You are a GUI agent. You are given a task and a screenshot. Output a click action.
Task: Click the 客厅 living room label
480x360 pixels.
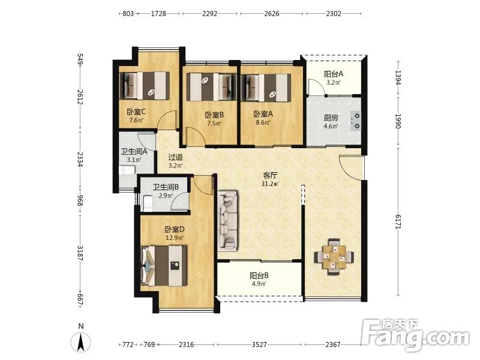pos(271,175)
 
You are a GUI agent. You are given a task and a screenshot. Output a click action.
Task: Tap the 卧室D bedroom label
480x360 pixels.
pos(175,229)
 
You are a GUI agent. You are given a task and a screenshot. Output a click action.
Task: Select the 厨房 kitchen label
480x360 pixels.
pos(331,118)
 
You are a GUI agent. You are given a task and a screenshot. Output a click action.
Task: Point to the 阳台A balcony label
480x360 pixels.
pos(334,74)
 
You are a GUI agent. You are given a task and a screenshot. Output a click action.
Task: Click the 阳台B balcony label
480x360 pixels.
pos(259,275)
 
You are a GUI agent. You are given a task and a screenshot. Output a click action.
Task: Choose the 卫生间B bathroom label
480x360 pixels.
pos(166,187)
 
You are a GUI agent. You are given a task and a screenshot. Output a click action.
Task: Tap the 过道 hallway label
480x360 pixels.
pos(176,157)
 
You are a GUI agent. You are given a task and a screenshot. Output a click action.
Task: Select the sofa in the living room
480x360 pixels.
pos(227,221)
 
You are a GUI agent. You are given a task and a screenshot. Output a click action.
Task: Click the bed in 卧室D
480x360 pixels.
pos(164,266)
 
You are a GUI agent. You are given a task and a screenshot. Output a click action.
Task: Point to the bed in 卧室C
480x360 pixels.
pos(144,86)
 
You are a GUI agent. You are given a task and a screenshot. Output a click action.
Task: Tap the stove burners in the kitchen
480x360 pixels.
pos(356,121)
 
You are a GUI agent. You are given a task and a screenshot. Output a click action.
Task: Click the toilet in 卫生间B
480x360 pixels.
pos(148,203)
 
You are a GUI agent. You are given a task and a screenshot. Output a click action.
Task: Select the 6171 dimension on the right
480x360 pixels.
pos(398,221)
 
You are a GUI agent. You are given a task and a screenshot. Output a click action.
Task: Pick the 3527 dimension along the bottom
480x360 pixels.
pos(259,344)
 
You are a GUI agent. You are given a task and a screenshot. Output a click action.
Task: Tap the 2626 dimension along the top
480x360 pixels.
pos(272,13)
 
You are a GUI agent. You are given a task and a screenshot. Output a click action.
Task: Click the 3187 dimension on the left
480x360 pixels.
pos(80,253)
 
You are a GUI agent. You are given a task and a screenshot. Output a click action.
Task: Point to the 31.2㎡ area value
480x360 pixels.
pos(271,184)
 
